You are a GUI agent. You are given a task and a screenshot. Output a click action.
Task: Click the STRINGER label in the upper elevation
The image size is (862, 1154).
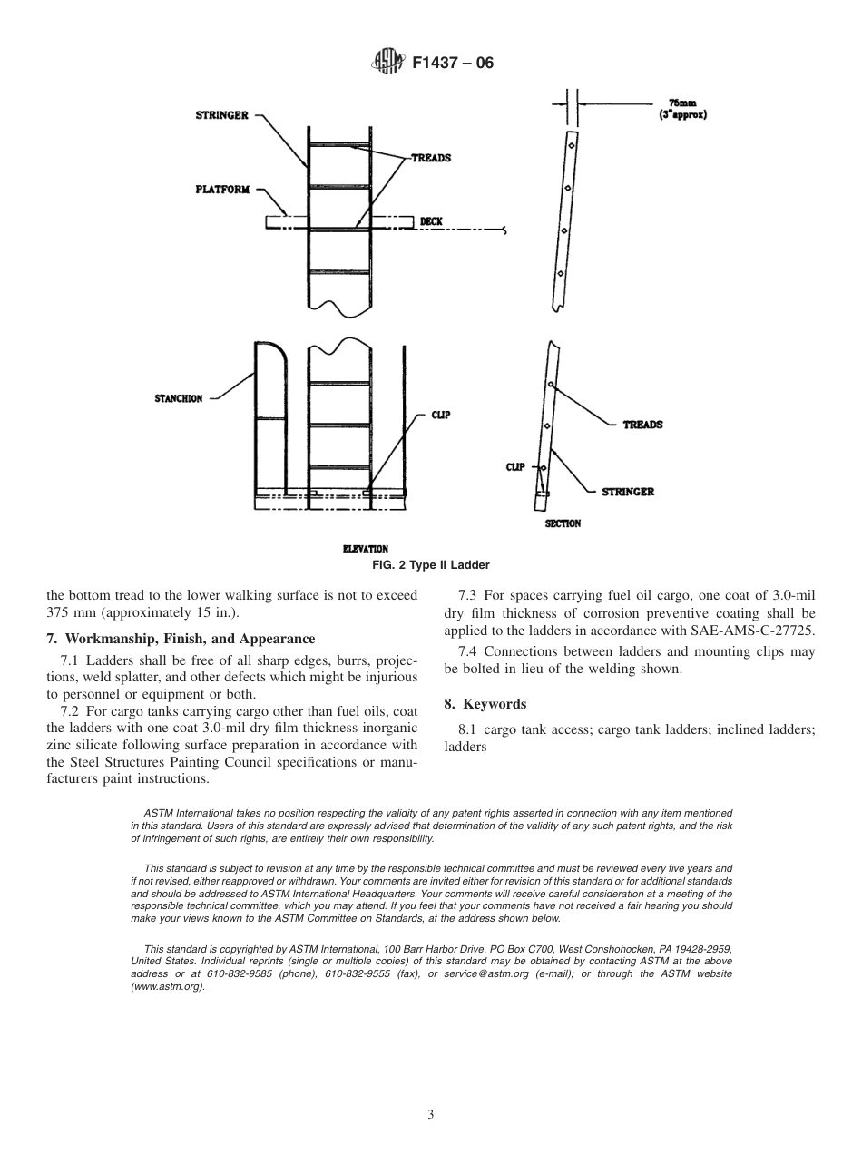[221, 116]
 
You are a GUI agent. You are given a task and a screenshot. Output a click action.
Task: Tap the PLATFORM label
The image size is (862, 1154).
[221, 190]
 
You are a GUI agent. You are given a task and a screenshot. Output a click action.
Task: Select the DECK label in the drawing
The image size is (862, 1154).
[431, 221]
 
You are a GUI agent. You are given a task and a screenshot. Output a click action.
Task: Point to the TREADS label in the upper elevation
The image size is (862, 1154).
[431, 158]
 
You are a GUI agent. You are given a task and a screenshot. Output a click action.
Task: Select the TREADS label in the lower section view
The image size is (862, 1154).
[642, 425]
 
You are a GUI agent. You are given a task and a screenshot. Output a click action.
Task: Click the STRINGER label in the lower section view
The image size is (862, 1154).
[628, 492]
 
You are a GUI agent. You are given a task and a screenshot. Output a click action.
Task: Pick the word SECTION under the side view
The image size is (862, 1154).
[563, 523]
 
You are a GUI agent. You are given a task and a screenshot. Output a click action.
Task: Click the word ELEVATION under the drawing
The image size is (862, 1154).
[365, 549]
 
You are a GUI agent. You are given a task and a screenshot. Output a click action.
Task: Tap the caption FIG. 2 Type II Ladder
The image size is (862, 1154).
[430, 565]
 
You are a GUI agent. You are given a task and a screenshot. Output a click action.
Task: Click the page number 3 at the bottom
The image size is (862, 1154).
[431, 1114]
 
